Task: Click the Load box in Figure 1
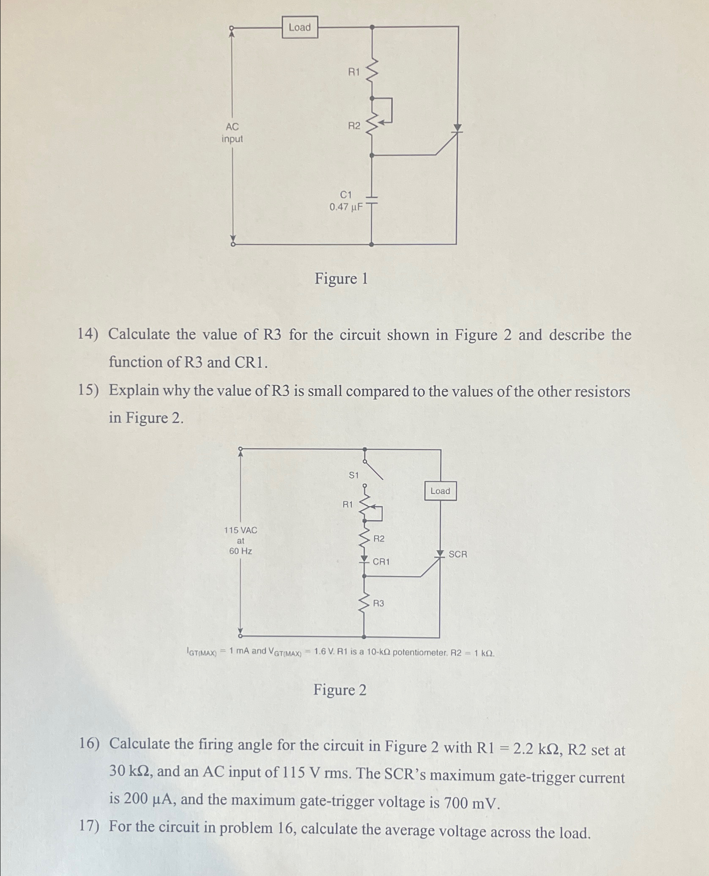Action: (x=300, y=27)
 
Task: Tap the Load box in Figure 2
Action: (x=440, y=491)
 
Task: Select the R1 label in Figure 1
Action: (x=354, y=72)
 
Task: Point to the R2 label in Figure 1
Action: (x=354, y=126)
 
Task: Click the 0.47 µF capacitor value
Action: (x=346, y=207)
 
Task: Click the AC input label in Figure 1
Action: (x=232, y=133)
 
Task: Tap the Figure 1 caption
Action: (x=341, y=279)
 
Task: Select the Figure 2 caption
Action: (x=340, y=690)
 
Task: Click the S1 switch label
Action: (x=353, y=475)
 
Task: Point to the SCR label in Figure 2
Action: (x=458, y=554)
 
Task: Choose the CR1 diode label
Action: (x=381, y=562)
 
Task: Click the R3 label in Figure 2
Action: (x=378, y=603)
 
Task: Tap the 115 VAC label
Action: (x=240, y=530)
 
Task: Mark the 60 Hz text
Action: (x=241, y=551)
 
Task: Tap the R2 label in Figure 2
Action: (x=379, y=538)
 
